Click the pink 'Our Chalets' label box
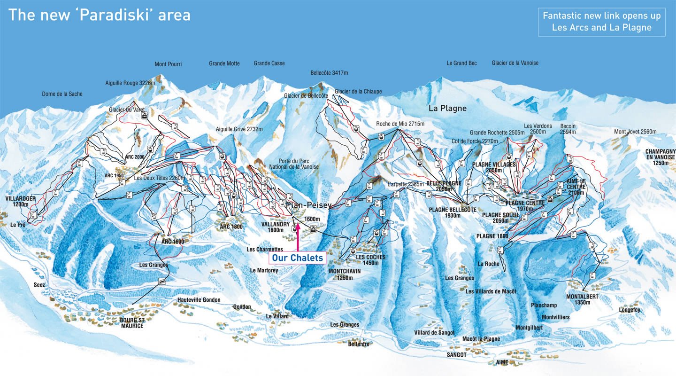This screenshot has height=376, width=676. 297,258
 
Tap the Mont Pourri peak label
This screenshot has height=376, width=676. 168,64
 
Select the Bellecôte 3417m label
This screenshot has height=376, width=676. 329,73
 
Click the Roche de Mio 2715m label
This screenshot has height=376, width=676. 400,124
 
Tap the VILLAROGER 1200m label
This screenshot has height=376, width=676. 21,202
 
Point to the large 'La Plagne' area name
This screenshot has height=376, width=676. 447,109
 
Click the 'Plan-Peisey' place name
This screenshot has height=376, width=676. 308,205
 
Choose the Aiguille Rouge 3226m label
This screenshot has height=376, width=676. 130,83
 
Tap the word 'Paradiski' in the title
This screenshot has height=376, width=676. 112,15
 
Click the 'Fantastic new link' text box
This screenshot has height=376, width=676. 601,22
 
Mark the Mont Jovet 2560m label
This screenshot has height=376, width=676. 635,132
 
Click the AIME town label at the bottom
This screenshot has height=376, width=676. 502,363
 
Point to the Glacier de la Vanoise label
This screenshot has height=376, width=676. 515,63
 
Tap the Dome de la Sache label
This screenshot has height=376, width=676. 62,94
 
